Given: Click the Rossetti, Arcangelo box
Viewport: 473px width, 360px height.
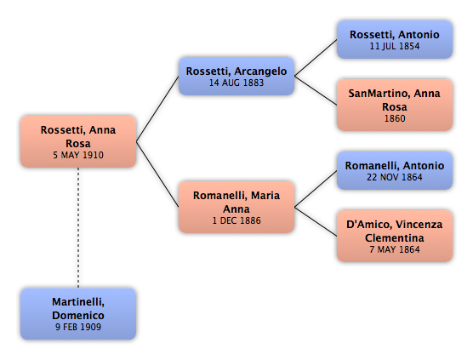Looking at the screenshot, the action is click(x=236, y=76).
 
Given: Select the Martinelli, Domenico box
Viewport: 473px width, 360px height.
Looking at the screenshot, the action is click(x=78, y=314).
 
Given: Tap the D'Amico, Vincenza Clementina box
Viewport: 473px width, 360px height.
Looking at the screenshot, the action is click(x=395, y=236).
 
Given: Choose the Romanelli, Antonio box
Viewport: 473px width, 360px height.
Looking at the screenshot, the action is click(x=395, y=170).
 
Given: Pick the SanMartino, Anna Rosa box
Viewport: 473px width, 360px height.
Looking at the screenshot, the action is click(x=395, y=105).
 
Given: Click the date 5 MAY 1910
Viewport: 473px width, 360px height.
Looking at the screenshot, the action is click(x=78, y=155).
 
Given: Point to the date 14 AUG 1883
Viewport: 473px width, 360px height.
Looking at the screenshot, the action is click(x=236, y=83).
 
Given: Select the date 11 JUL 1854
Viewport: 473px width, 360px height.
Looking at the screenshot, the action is click(x=395, y=46).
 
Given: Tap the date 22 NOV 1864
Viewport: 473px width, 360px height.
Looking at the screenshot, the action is click(x=395, y=177).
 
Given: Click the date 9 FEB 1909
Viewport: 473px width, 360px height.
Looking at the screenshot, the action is click(x=78, y=327).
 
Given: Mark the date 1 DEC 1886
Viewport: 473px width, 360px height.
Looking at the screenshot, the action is click(x=236, y=220).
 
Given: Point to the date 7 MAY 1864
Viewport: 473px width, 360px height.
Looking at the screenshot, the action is click(x=395, y=249).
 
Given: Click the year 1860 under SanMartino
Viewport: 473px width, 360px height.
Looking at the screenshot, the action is click(x=395, y=118).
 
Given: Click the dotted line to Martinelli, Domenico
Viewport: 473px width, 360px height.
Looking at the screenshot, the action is click(x=78, y=228).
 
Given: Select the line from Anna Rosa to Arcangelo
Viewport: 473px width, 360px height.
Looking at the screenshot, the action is click(x=157, y=109).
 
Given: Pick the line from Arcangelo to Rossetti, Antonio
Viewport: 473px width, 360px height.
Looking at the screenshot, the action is click(x=316, y=58).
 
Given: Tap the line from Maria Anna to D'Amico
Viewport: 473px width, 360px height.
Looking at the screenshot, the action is click(x=316, y=221).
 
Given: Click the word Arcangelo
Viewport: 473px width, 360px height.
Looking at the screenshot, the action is click(x=260, y=71).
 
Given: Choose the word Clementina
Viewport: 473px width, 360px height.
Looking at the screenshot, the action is click(x=395, y=238).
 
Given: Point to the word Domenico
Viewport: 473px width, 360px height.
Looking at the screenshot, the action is click(x=78, y=316).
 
